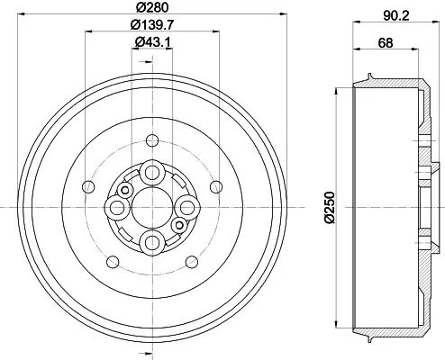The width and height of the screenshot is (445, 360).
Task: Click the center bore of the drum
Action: click(151, 208)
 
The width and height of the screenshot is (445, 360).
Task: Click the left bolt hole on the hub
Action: click(117, 208)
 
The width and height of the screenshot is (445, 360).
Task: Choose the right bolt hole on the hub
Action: click(186, 208)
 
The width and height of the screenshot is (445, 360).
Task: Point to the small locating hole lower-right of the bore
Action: click(178, 225)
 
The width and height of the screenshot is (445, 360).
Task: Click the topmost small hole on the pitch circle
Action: click(151, 139)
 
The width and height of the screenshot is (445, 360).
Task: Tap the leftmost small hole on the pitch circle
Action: click(87, 186)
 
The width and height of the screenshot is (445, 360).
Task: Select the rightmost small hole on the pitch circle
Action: click(215, 186)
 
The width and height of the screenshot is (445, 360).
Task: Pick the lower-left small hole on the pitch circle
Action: click(112, 262)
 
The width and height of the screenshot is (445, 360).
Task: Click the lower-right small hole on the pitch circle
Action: click(191, 262)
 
